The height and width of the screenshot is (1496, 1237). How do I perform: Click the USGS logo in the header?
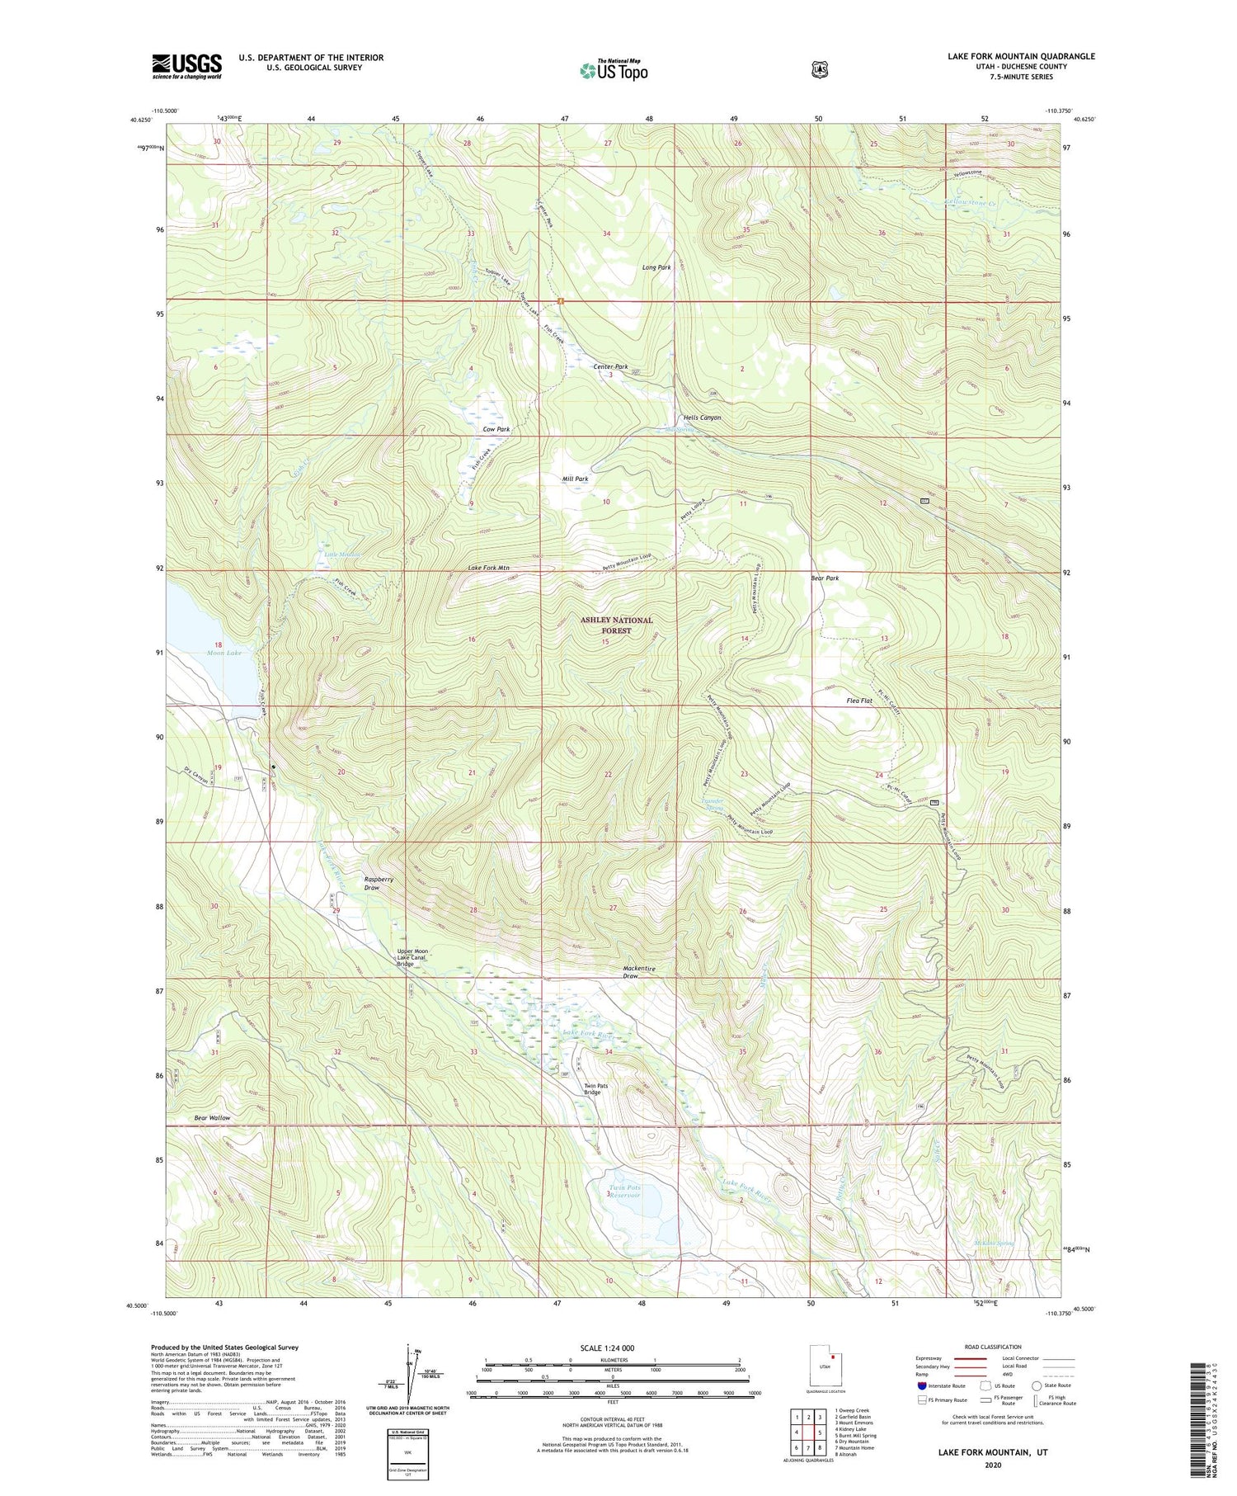(186, 66)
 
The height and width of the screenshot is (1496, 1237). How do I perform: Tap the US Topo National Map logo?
(614, 70)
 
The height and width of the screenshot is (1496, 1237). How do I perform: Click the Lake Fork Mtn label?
(489, 568)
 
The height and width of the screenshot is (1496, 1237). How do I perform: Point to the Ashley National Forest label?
(616, 625)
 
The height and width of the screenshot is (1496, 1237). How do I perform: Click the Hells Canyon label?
(702, 418)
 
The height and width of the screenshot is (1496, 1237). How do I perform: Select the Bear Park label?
(825, 578)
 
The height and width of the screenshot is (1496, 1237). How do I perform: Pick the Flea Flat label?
(859, 701)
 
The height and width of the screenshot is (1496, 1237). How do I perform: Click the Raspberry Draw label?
(379, 883)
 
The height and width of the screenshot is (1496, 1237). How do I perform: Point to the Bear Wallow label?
(213, 1117)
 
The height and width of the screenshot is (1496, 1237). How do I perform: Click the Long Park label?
(656, 267)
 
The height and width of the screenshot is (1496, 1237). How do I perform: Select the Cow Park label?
(496, 429)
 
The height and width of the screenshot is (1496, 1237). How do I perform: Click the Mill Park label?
(576, 479)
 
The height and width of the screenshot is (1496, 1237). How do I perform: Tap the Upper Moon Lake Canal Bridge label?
(412, 957)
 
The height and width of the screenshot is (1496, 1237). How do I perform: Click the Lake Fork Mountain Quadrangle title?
(1021, 56)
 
